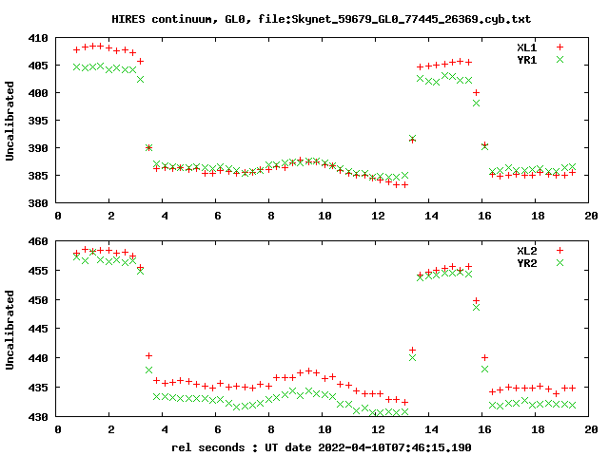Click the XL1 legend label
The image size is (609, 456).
(526, 47)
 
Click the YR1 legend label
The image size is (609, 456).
(526, 59)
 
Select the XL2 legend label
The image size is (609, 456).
(526, 250)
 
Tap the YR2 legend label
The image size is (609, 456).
(526, 262)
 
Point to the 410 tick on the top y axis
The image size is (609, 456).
(41, 38)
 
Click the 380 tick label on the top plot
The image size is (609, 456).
(41, 203)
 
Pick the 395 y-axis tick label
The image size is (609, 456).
(41, 121)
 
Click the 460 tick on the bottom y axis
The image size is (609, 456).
(41, 241)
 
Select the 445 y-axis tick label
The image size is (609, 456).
(41, 329)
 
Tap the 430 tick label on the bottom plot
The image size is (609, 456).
(41, 417)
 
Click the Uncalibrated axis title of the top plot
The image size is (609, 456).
(10, 121)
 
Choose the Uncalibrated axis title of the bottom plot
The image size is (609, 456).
(10, 329)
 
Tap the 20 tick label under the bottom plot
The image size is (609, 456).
(591, 429)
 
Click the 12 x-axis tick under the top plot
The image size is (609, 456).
(378, 216)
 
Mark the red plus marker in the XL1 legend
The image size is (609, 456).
(560, 47)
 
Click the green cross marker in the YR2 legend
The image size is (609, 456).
(560, 262)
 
